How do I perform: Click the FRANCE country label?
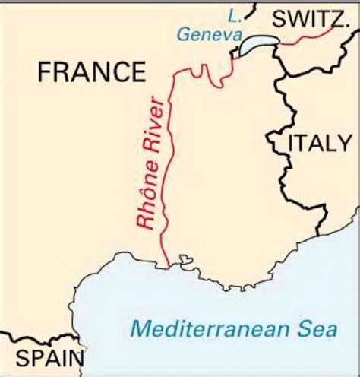point(91,72)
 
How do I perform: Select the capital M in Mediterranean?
point(139,329)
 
